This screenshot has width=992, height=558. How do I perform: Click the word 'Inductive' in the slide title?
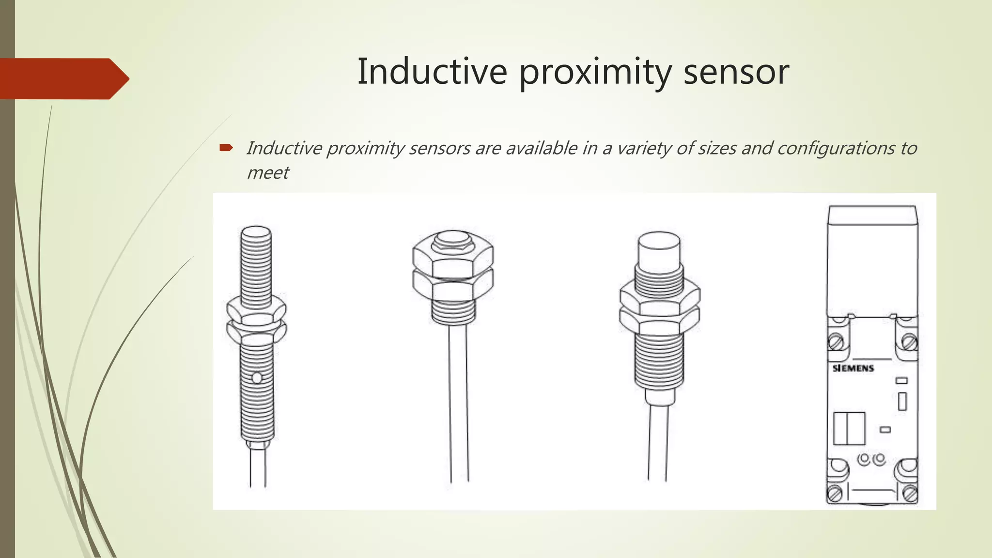432,72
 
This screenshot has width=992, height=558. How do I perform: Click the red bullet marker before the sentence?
226,147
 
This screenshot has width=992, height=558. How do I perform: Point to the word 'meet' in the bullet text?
267,173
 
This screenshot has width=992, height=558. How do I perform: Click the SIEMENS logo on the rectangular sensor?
853,368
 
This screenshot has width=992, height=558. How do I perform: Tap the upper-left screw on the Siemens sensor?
836,342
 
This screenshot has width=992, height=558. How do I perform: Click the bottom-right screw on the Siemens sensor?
910,495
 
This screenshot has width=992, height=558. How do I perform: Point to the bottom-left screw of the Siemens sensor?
835,495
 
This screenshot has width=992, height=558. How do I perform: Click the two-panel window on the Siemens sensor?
849,428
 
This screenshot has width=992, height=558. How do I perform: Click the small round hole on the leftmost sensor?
257,377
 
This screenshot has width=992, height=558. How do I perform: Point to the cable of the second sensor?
459,402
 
